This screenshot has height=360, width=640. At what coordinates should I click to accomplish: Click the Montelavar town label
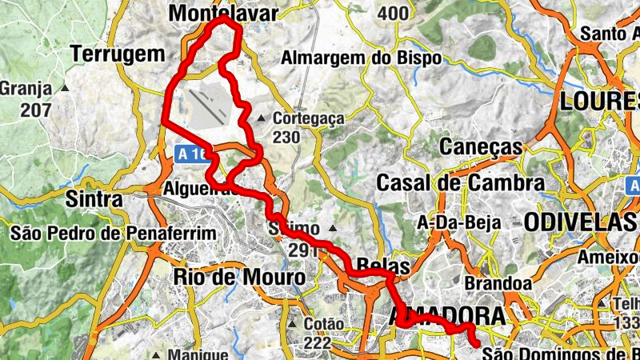[224, 14]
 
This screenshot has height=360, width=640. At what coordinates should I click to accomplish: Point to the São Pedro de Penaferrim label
[114, 234]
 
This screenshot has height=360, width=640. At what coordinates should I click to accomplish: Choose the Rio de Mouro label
[239, 277]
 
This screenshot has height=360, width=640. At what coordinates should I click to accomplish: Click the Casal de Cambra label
[461, 182]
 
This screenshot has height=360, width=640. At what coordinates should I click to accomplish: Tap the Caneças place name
[481, 147]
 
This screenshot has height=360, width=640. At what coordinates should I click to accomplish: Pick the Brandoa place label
[498, 283]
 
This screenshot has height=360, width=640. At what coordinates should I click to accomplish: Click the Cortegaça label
[308, 118]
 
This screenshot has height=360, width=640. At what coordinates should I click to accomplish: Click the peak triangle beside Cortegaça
[261, 120]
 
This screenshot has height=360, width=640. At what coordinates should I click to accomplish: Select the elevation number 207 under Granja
[36, 110]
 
